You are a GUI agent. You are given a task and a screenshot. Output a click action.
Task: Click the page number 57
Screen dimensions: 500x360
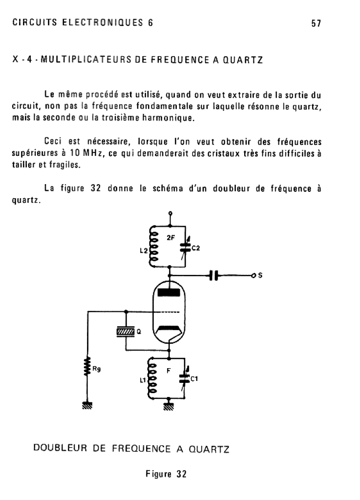[x=315, y=23]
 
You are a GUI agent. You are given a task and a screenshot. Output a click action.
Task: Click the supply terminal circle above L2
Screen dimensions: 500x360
[x=169, y=213]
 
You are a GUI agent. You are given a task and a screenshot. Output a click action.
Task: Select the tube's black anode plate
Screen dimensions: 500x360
[x=169, y=292]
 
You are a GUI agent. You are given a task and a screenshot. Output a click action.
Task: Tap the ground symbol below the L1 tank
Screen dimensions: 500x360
[x=169, y=405]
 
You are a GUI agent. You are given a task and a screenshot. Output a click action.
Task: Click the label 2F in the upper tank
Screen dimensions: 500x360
[x=169, y=239]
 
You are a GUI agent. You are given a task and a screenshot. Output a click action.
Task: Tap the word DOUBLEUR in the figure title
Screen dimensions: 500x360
[x=54, y=448]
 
